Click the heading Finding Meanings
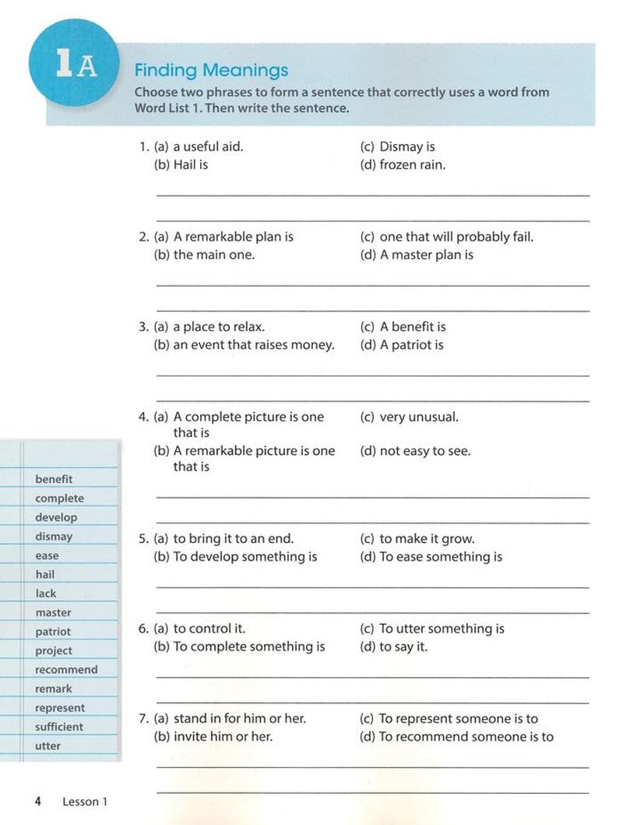click(x=211, y=70)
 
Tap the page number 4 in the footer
click(x=37, y=801)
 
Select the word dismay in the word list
click(x=54, y=536)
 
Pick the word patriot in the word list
click(x=53, y=631)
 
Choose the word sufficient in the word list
click(x=58, y=726)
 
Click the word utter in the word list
click(x=48, y=746)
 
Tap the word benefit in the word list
click(x=54, y=479)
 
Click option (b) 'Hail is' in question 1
click(x=190, y=164)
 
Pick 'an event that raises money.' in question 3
click(x=253, y=345)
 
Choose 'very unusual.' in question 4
click(x=419, y=417)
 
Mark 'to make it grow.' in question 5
click(x=427, y=538)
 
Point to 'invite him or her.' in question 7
click(x=223, y=736)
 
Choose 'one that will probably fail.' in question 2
click(x=456, y=237)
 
